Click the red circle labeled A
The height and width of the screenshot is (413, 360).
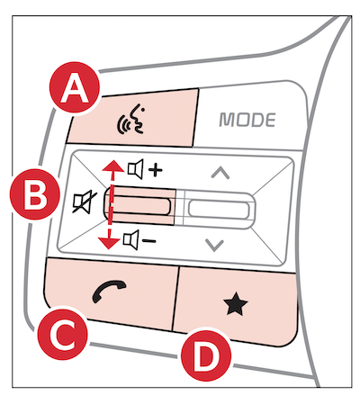(75, 87)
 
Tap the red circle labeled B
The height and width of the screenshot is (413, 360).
(35, 194)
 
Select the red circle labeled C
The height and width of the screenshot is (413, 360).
(63, 335)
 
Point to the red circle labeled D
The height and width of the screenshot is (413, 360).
(206, 356)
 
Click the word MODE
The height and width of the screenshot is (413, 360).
(247, 120)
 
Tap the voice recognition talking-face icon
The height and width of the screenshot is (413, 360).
(131, 120)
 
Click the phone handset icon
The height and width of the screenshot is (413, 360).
(109, 292)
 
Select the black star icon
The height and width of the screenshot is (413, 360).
(236, 304)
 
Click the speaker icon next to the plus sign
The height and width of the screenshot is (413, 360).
(135, 169)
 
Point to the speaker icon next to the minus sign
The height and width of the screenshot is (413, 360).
(130, 240)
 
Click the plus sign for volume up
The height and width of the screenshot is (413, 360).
(156, 171)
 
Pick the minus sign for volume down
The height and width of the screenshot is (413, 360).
(148, 240)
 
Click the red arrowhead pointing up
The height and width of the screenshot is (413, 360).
(113, 166)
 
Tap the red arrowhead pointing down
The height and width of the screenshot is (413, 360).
(108, 243)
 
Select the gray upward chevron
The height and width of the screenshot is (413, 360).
(220, 173)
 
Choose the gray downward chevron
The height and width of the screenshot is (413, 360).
(215, 246)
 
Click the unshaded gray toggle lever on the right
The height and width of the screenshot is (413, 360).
(220, 210)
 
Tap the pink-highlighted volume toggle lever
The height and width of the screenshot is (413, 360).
(139, 205)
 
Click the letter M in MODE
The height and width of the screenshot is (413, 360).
(227, 120)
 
